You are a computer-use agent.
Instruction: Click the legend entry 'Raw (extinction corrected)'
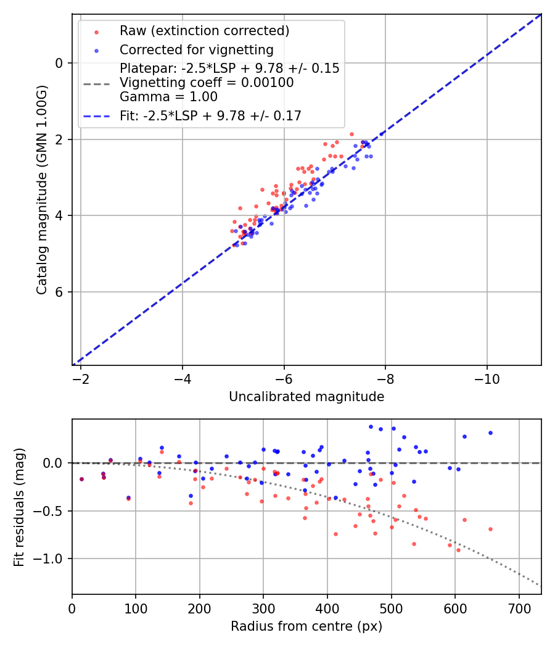pos(204,30)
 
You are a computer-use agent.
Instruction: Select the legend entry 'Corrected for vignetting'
pos(196,50)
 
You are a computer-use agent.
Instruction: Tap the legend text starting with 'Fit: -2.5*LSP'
pos(210,115)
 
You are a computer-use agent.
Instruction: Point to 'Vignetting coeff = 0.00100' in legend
pos(207,83)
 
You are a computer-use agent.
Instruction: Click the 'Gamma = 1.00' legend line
pos(168,96)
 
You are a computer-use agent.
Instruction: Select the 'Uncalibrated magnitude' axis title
pos(306,397)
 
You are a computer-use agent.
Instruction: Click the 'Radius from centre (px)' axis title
pos(306,626)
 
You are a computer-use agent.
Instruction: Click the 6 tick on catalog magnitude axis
pos(59,292)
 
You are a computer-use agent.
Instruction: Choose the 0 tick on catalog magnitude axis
pos(59,63)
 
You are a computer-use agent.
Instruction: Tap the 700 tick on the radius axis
pos(519,607)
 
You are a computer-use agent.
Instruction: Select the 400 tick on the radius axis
pos(327,607)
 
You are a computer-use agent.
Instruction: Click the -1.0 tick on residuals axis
pos(52,559)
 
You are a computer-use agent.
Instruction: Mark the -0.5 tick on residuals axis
pos(52,511)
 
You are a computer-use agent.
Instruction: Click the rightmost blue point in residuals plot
pos(490,433)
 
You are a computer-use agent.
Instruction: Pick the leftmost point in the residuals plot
pos(81,479)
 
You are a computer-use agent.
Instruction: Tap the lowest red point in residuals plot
pos(458,550)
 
